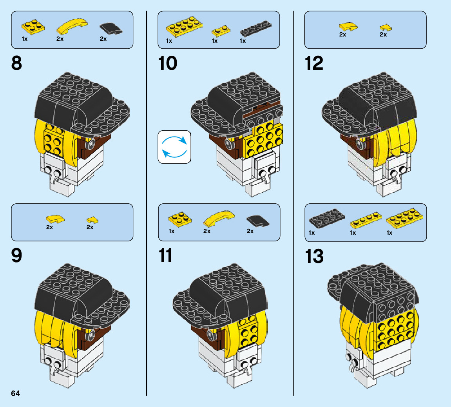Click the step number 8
click(17, 64)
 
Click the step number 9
click(17, 256)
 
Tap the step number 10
click(168, 64)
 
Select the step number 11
click(166, 256)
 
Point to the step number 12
click(314, 64)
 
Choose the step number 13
click(314, 256)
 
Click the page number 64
click(15, 393)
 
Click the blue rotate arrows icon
click(174, 147)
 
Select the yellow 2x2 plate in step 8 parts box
click(33, 27)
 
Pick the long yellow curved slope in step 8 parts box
click(72, 26)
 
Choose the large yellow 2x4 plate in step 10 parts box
click(184, 26)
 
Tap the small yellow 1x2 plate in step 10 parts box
click(221, 31)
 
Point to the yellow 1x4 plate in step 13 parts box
click(365, 220)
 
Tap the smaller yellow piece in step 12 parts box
click(386, 27)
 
